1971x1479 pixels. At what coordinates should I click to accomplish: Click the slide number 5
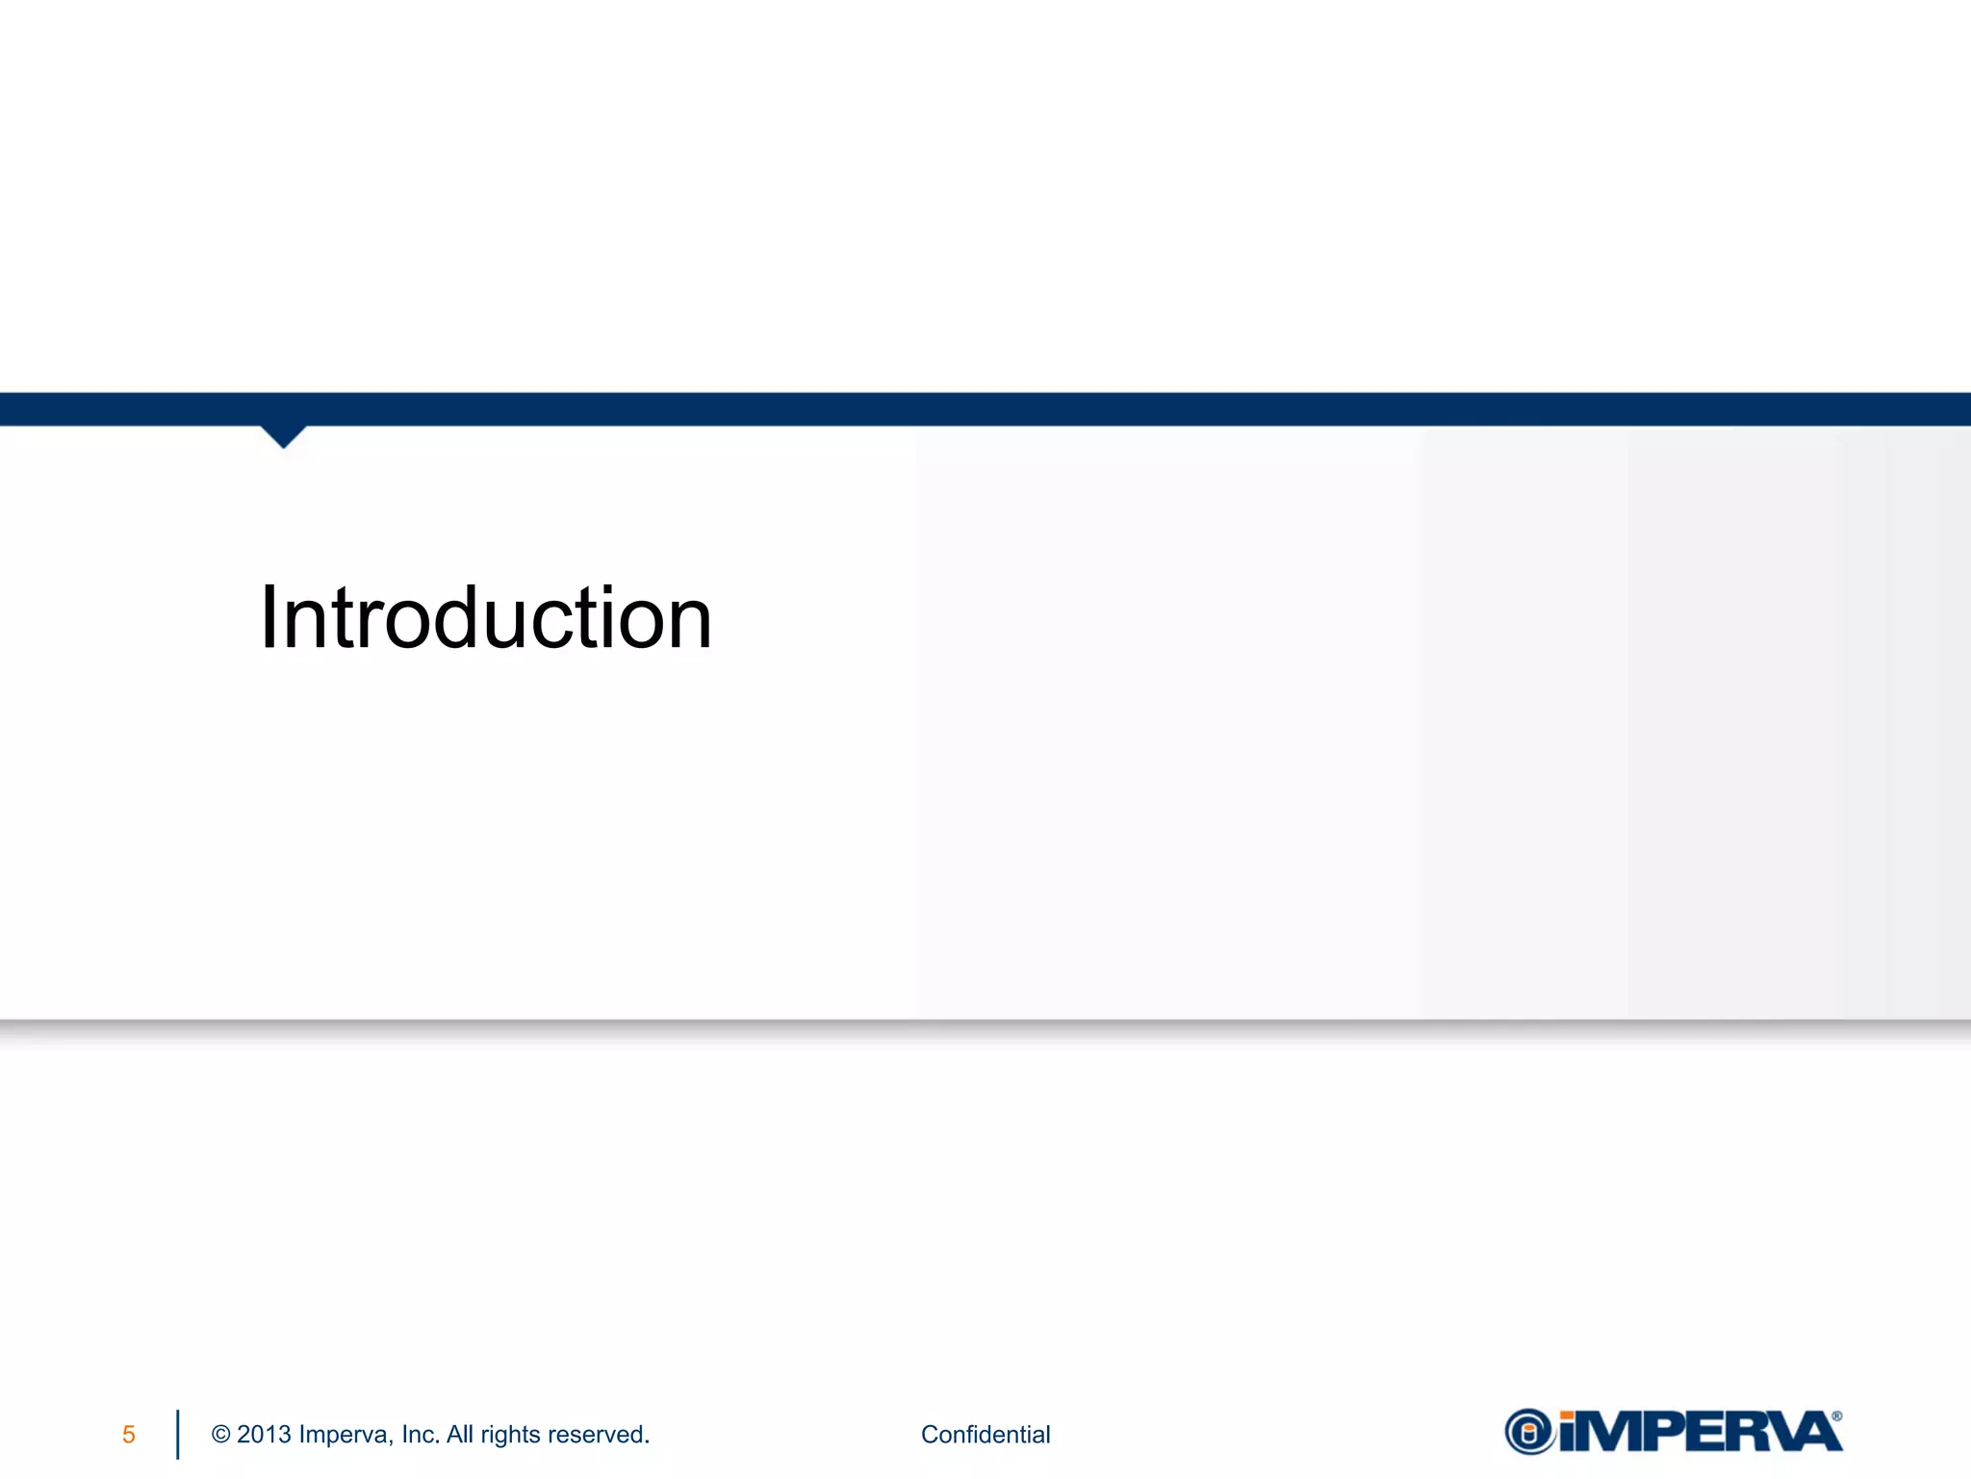tap(129, 1435)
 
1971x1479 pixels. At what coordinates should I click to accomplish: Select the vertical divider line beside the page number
tap(178, 1435)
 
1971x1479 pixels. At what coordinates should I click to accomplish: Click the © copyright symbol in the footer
tap(220, 1435)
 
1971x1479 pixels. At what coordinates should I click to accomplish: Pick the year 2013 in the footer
tap(264, 1435)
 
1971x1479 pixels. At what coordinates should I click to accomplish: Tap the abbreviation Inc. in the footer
tap(421, 1435)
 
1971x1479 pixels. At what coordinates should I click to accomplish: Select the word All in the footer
tap(460, 1435)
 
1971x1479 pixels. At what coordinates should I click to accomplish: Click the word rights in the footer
tap(510, 1436)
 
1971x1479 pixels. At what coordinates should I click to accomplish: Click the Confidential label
tap(985, 1435)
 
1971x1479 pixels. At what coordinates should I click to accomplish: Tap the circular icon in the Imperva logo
tap(1530, 1432)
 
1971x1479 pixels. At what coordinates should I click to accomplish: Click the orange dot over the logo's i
tap(1568, 1414)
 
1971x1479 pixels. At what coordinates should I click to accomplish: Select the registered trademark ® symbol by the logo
tap(1837, 1416)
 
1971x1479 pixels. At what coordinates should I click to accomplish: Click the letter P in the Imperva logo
tap(1680, 1432)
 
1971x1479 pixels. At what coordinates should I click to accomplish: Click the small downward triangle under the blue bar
tap(283, 436)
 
